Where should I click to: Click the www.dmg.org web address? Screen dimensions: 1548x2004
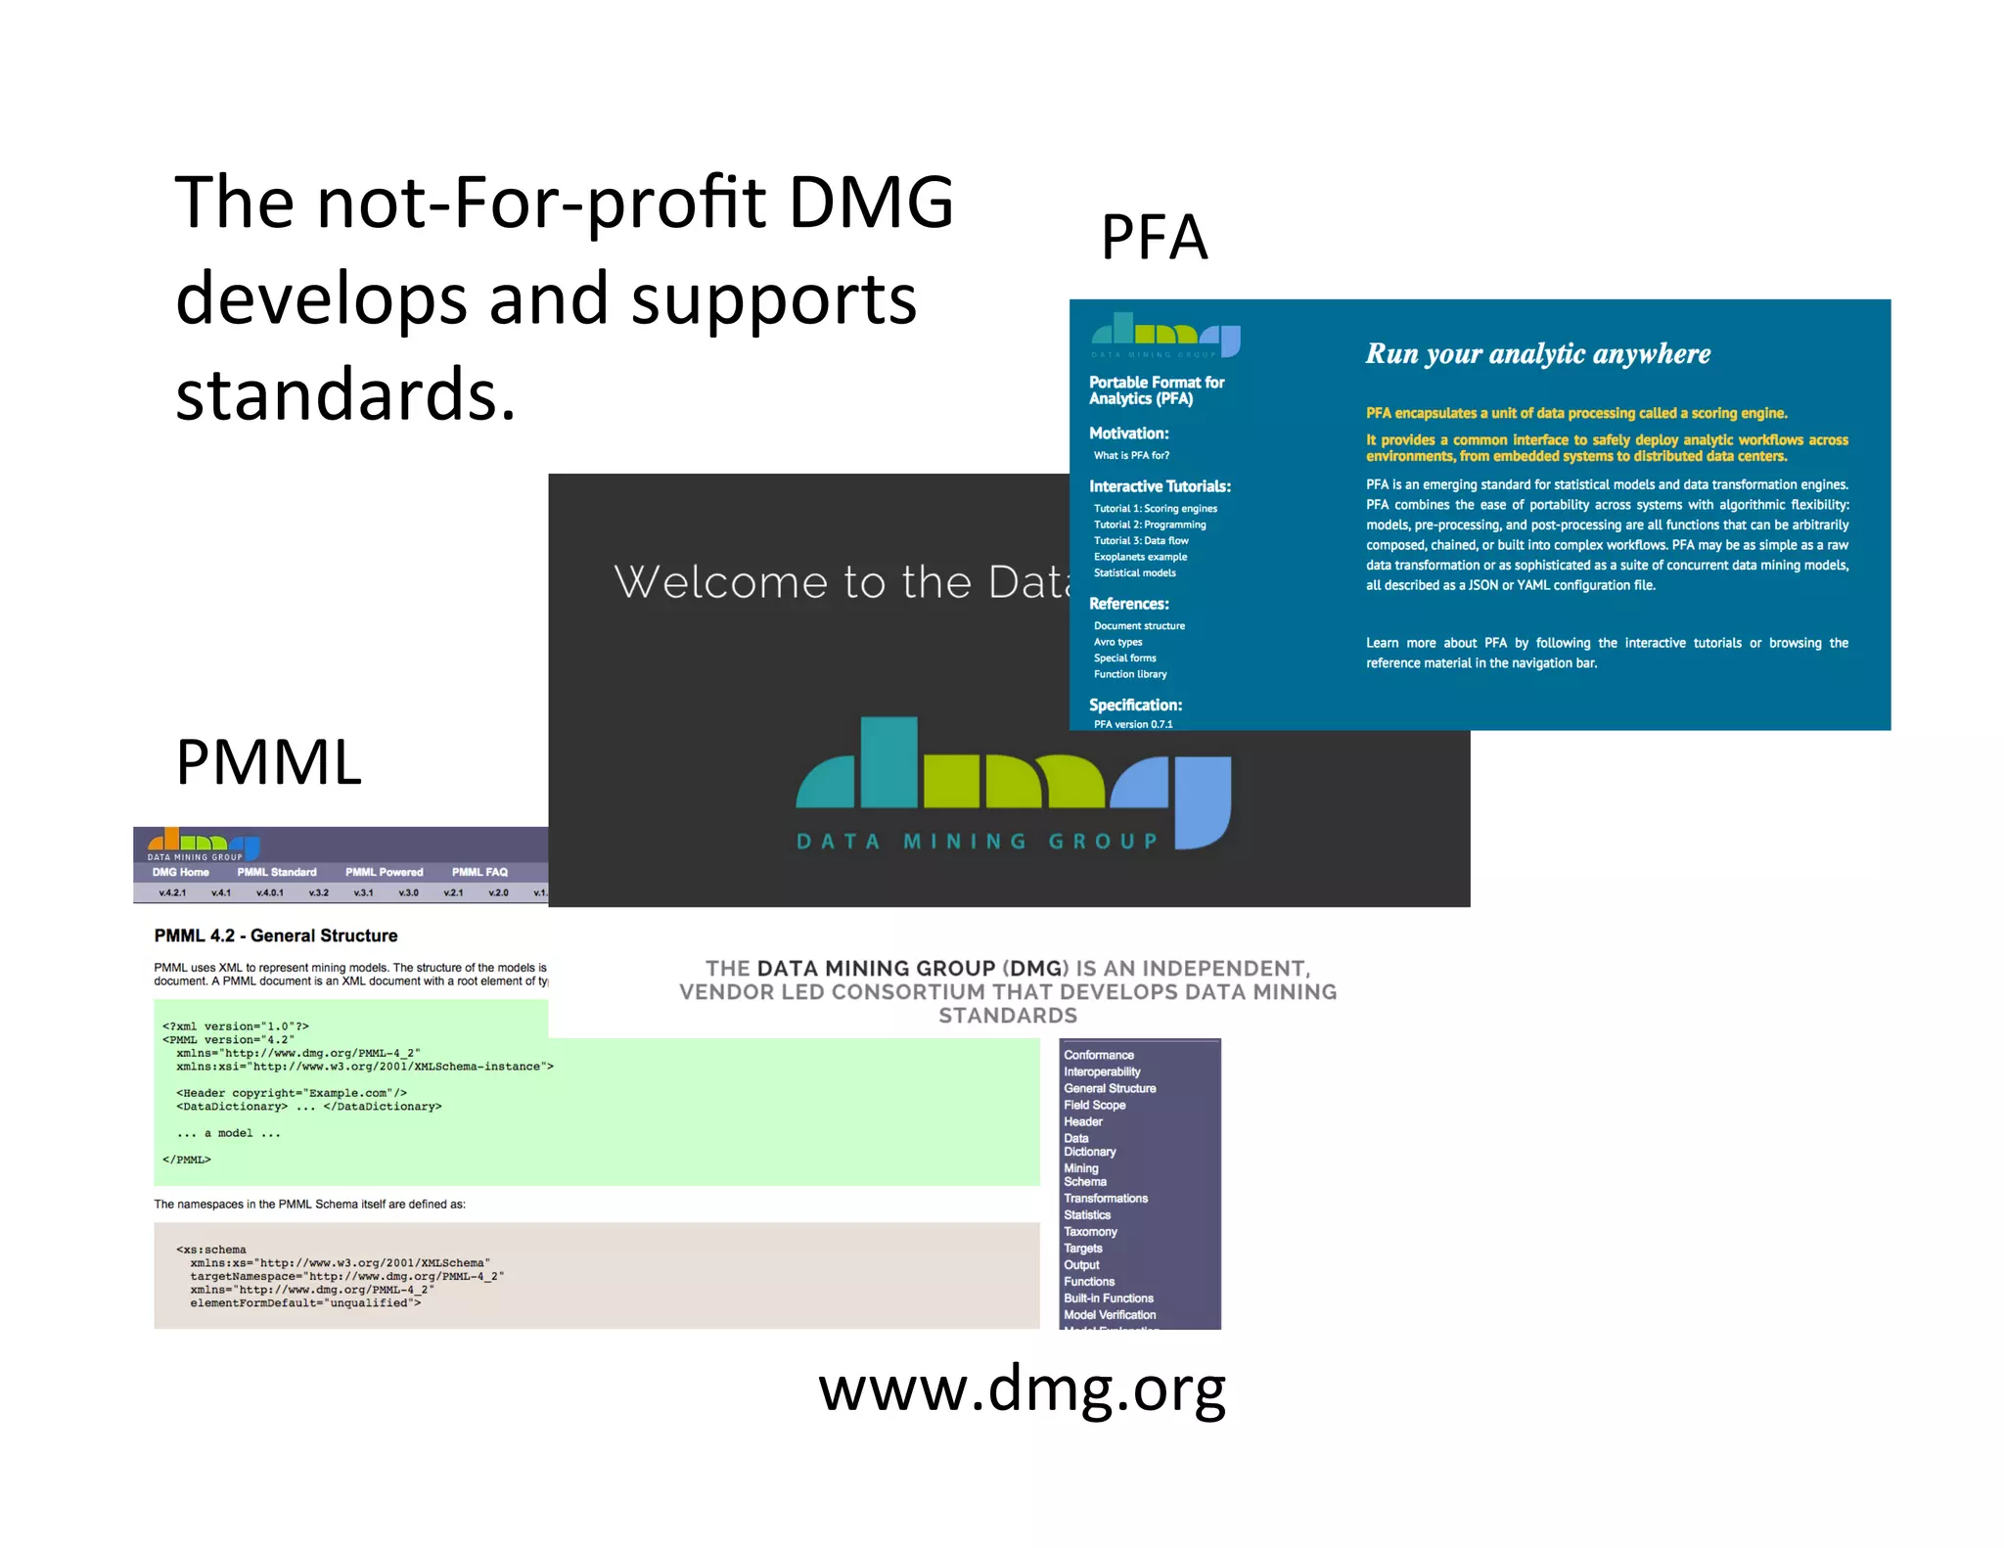click(x=1022, y=1389)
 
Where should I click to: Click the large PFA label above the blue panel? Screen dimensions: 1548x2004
click(x=1154, y=238)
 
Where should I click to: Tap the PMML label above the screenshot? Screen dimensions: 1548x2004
click(x=268, y=762)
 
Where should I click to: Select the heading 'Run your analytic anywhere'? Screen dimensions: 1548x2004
click(x=1537, y=353)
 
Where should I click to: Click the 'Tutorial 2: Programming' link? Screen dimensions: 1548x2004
click(x=1149, y=524)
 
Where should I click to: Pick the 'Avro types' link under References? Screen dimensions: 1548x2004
click(x=1117, y=642)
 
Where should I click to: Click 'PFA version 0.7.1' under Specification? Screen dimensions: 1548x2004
click(x=1132, y=724)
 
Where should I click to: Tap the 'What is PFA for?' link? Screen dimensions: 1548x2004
click(x=1131, y=455)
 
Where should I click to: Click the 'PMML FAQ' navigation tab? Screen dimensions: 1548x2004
click(x=479, y=872)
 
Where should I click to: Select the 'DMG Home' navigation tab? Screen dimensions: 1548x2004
click(x=180, y=872)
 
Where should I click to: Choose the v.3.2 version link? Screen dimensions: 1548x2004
click(x=318, y=892)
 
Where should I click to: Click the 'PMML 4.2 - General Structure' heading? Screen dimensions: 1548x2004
click(x=276, y=935)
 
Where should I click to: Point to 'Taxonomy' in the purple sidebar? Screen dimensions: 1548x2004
click(x=1090, y=1231)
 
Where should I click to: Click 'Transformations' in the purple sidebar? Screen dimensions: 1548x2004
click(x=1106, y=1198)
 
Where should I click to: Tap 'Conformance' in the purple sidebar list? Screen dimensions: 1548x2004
click(x=1099, y=1055)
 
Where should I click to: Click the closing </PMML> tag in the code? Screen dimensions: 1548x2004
click(x=187, y=1160)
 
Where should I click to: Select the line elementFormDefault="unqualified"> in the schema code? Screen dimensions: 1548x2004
click(x=305, y=1303)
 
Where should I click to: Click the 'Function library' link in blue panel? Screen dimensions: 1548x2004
click(x=1130, y=674)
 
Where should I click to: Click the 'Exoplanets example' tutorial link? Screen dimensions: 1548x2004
click(x=1140, y=557)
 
